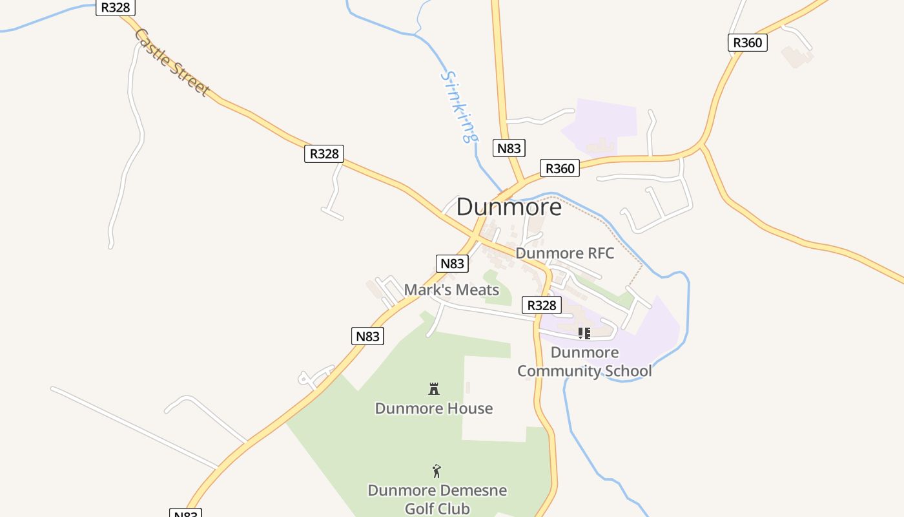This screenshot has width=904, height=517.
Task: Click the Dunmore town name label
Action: coord(509,207)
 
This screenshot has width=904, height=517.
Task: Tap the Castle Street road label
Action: coord(172,63)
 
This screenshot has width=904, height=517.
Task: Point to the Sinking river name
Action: coord(460,106)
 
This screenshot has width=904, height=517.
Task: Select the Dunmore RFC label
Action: coord(565,253)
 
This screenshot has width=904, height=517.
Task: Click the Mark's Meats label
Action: coord(451,290)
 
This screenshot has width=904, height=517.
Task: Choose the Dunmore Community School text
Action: coord(584,362)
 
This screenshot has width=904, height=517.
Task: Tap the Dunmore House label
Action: coord(434,408)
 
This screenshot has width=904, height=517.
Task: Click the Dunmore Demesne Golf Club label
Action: coord(437,500)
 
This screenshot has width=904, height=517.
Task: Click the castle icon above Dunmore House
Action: coord(434,389)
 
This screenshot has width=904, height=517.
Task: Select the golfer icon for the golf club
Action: coord(437,471)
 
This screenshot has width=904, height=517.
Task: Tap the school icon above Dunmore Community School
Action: coord(584,333)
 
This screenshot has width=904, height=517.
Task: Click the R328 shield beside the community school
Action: coord(541,306)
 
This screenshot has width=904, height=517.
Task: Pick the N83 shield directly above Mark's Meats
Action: coord(452,264)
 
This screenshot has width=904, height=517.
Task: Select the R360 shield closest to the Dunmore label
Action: coord(560,169)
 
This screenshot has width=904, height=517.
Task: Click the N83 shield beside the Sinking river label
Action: coord(509,149)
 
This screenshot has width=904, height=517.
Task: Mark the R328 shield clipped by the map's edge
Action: coord(115,8)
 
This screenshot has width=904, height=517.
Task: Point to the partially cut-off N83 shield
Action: coord(186,513)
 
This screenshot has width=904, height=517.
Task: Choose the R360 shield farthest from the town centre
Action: coord(748,43)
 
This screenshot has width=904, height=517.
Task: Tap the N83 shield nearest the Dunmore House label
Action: coord(367,336)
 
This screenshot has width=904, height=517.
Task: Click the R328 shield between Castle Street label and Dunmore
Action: coord(324,154)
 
